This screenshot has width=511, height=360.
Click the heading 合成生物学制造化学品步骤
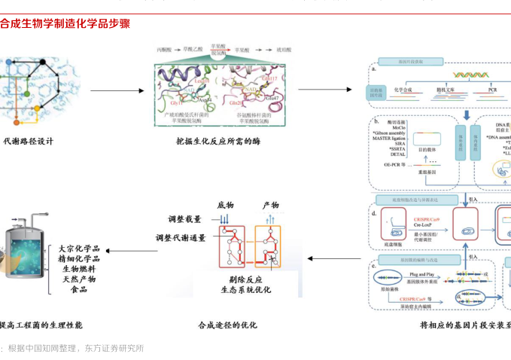click(x=65, y=24)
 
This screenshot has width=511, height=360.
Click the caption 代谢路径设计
click(x=29, y=141)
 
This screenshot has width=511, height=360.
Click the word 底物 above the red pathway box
click(x=226, y=205)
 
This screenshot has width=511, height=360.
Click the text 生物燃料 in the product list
click(x=80, y=268)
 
